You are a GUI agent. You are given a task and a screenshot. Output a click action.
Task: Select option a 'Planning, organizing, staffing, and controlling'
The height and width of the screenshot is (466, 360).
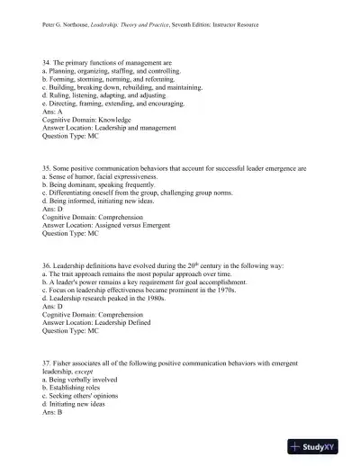click(111, 70)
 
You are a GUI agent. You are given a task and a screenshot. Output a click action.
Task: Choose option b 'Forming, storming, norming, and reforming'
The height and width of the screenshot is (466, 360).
click(109, 78)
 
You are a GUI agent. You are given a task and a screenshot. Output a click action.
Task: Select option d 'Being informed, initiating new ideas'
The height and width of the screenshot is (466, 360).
click(96, 201)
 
